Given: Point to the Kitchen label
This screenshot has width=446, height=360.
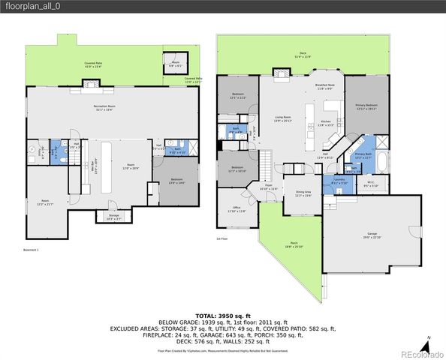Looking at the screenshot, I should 326,122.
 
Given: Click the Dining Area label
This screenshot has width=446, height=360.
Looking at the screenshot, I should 303,194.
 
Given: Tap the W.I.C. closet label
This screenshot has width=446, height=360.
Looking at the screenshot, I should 371,182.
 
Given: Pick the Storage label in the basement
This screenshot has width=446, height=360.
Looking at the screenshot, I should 113,217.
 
